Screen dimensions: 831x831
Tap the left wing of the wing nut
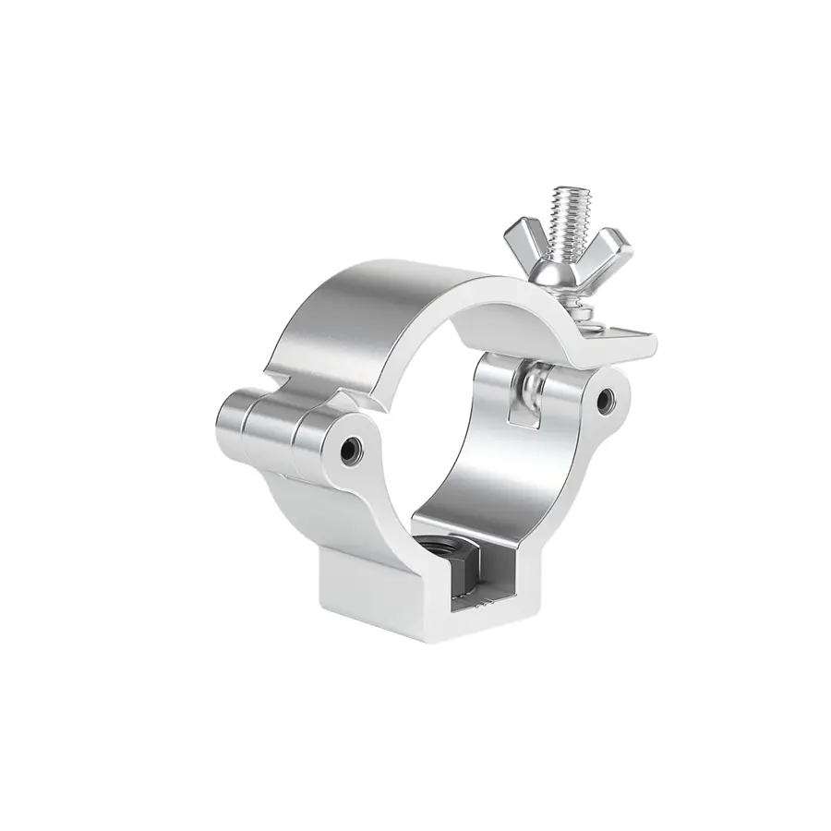click(524, 241)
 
